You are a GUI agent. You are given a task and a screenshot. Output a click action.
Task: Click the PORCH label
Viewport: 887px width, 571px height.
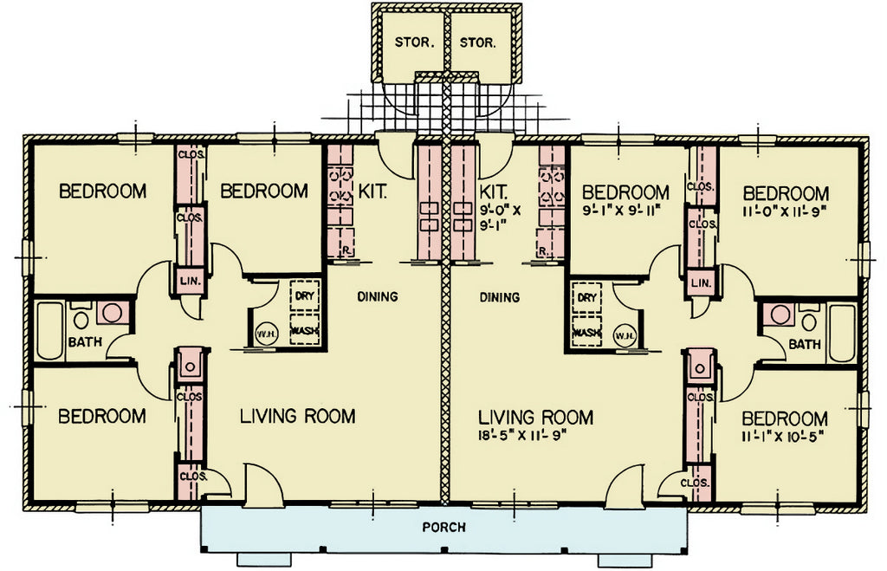(444, 528)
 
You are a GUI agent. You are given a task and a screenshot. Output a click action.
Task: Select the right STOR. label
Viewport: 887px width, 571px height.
(478, 42)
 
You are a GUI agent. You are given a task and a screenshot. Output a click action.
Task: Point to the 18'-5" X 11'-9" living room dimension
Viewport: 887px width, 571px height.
(522, 437)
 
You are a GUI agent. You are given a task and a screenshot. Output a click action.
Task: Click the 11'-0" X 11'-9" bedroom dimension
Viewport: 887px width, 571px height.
(786, 211)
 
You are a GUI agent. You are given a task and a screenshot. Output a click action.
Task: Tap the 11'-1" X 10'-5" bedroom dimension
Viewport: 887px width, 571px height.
(782, 437)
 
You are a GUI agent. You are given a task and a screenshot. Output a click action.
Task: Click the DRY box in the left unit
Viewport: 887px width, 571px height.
(304, 296)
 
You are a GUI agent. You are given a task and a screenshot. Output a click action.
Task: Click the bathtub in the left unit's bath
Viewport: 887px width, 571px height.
(49, 331)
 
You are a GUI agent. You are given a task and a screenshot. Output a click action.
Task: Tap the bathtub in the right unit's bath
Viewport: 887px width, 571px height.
(842, 333)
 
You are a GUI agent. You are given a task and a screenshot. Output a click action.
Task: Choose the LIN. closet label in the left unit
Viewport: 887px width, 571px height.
(190, 282)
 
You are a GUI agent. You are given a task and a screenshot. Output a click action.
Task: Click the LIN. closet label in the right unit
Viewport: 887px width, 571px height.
(702, 282)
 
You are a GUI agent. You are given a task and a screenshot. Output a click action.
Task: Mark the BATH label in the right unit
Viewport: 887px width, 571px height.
(805, 343)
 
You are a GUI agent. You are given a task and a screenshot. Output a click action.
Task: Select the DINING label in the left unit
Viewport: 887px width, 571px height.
(378, 296)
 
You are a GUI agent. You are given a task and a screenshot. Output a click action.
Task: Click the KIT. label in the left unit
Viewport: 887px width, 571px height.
(372, 191)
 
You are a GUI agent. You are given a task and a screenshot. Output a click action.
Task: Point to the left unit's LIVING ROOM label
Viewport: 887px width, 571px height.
(298, 416)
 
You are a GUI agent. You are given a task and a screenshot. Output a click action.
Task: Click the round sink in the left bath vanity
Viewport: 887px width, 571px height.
(113, 312)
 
